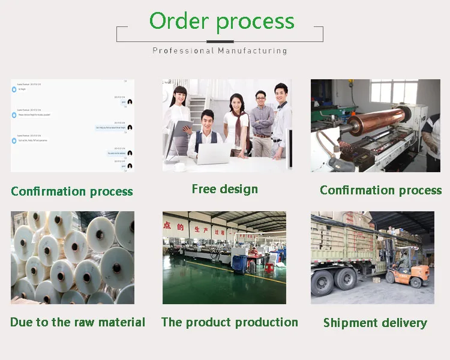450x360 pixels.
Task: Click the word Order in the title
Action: pyautogui.click(x=179, y=22)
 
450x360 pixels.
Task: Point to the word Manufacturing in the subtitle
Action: pyautogui.click(x=252, y=51)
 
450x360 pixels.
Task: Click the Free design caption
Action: pyautogui.click(x=225, y=189)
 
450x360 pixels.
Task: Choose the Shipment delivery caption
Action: pyautogui.click(x=375, y=323)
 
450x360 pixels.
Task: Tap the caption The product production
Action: pyautogui.click(x=230, y=322)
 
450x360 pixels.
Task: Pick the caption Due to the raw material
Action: pyautogui.click(x=78, y=322)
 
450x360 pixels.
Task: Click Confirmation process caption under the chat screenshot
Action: pyautogui.click(x=72, y=191)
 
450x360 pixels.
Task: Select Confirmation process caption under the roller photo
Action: pyautogui.click(x=381, y=190)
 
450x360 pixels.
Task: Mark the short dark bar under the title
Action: pyautogui.click(x=220, y=41)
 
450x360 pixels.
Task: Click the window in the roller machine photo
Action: pyautogui.click(x=393, y=92)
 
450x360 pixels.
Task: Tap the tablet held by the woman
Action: pyautogui.click(x=184, y=127)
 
